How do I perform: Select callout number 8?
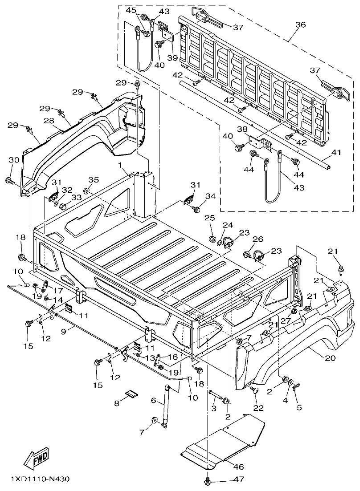coord(117,403)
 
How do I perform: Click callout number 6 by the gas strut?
coord(153,400)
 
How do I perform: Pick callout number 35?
coord(93,180)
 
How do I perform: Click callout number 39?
coord(172,58)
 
